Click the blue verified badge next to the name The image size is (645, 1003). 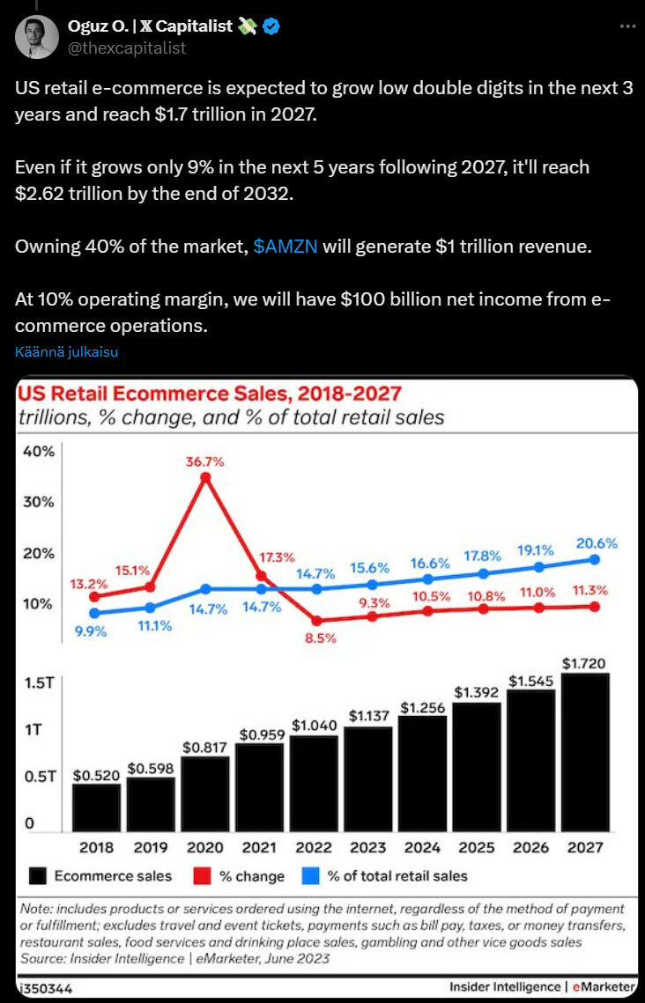272,26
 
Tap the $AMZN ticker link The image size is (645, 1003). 285,247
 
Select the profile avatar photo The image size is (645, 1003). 35,37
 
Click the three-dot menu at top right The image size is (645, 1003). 627,26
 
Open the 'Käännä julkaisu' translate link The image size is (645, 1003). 66,352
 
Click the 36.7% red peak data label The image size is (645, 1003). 205,461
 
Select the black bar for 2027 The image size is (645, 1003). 585,752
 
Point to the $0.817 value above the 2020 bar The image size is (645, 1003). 204,747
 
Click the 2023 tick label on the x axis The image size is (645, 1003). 368,847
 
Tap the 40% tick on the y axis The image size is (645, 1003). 39,452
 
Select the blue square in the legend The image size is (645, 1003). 309,875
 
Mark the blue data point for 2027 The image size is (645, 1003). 594,559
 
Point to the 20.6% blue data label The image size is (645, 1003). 597,543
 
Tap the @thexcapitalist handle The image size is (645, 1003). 127,48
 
